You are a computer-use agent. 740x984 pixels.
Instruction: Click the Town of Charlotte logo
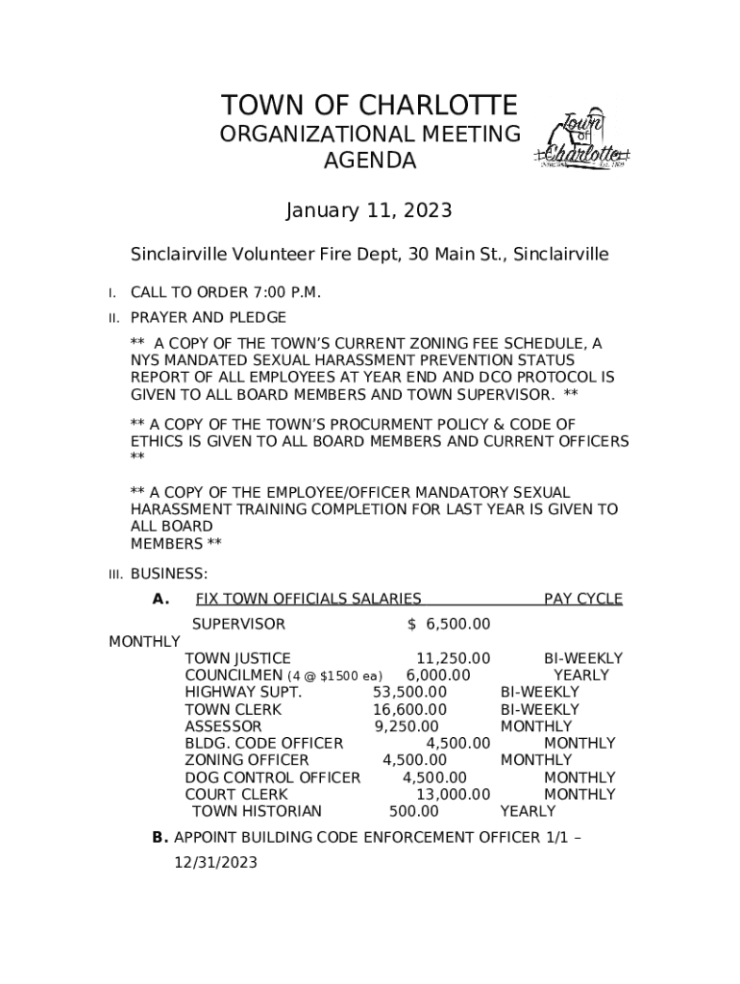coord(586,143)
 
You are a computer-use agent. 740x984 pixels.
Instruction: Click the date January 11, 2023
coord(370,209)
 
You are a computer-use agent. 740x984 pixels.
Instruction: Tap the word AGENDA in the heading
coord(369,161)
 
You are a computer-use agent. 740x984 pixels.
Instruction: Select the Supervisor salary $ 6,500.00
coord(449,625)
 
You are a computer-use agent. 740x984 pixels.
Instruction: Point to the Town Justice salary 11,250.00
coord(453,658)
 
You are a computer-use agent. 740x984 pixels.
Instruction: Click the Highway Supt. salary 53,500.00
coord(409,693)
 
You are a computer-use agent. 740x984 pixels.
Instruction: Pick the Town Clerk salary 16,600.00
coord(409,709)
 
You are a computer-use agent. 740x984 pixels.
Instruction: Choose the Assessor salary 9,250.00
coord(407,726)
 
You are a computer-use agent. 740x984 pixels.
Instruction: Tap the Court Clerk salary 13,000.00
coord(453,795)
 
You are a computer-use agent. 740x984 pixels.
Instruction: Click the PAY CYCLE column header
coord(582,600)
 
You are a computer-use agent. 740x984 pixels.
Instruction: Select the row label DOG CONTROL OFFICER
coord(272,777)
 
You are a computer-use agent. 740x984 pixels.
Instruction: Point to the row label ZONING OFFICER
coord(246,760)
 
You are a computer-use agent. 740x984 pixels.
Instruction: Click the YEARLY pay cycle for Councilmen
coord(581,676)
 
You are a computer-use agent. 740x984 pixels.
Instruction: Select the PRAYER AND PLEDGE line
coord(209,317)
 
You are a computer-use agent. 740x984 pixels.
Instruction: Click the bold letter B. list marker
coord(160,838)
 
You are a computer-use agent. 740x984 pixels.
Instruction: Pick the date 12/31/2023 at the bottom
coord(215,863)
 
